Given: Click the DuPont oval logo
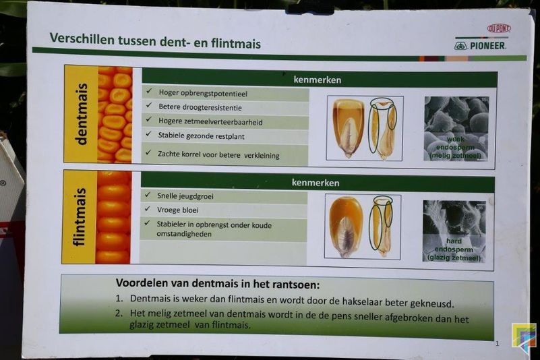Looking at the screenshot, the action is click(499, 28).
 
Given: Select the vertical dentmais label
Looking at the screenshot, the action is click(82, 114).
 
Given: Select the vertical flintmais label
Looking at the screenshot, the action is click(79, 217).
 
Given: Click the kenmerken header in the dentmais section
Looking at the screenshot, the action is click(317, 80).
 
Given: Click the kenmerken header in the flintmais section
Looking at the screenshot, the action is click(316, 183).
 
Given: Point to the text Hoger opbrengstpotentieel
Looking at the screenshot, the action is click(203, 93).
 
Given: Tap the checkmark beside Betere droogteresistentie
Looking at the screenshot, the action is click(149, 104).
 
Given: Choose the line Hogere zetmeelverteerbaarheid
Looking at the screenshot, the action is click(210, 121).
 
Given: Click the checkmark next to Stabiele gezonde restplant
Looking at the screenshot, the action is click(148, 133).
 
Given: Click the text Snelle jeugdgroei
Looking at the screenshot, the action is click(185, 196).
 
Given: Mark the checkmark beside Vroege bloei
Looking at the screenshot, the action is click(148, 208).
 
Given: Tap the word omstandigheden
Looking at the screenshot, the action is click(184, 234).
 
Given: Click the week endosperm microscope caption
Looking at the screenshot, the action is click(455, 148).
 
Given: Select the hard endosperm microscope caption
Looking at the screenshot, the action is click(454, 249).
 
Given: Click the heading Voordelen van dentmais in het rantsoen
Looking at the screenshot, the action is click(218, 284).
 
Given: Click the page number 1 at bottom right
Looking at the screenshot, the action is click(497, 343).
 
